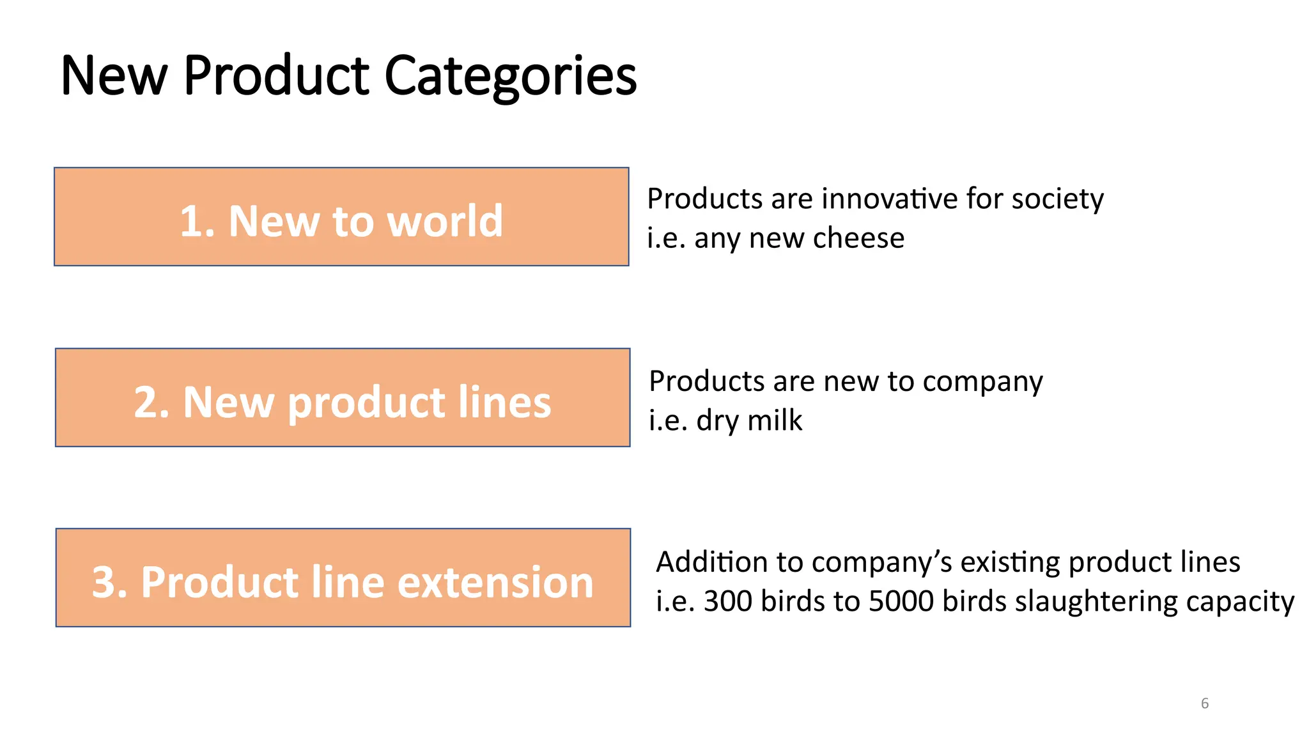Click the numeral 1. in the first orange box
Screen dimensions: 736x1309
[198, 221]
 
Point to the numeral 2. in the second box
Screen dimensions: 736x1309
[151, 402]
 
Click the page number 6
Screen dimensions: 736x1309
[1204, 703]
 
